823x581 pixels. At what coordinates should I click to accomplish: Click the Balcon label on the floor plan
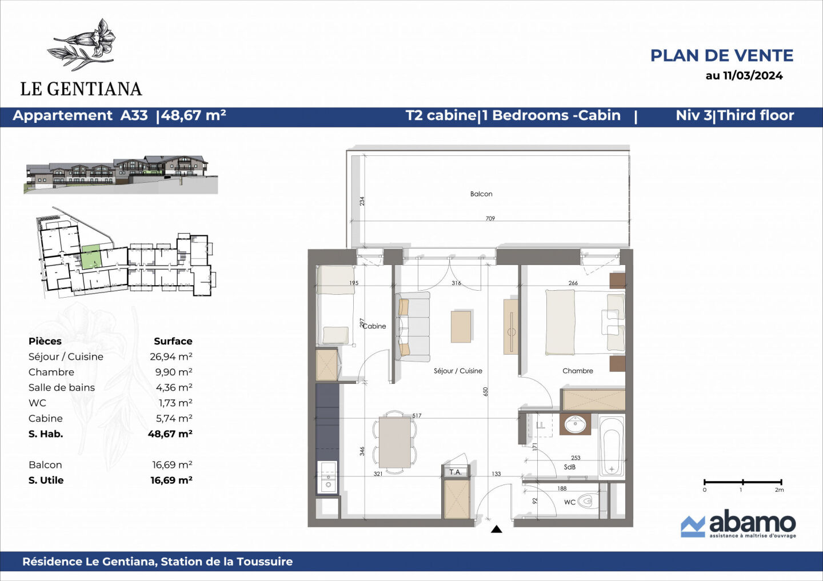click(481, 194)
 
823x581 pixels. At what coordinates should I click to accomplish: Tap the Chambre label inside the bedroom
click(577, 371)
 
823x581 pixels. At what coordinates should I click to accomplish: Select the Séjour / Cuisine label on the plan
click(458, 371)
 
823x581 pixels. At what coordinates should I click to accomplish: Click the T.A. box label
click(455, 472)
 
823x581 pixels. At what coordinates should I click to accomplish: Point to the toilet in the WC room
click(586, 502)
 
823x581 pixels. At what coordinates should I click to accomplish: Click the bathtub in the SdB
click(612, 446)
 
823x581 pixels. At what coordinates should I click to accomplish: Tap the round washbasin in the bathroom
click(574, 424)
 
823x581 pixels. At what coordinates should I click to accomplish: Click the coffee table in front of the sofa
click(461, 326)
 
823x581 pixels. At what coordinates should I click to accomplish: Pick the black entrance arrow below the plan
click(496, 530)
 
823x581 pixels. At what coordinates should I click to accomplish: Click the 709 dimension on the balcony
click(490, 218)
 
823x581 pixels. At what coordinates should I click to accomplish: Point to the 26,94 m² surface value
click(171, 356)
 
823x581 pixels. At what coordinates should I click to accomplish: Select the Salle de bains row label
click(62, 387)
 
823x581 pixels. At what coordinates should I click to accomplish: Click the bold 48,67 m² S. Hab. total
click(170, 434)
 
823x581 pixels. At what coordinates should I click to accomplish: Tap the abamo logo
click(738, 524)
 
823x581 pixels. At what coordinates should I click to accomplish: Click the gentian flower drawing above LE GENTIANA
click(85, 44)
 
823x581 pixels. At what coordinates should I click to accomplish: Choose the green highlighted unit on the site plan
click(91, 257)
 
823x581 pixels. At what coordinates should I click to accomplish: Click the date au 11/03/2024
click(744, 75)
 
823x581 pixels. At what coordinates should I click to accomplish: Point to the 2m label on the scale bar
click(779, 490)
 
